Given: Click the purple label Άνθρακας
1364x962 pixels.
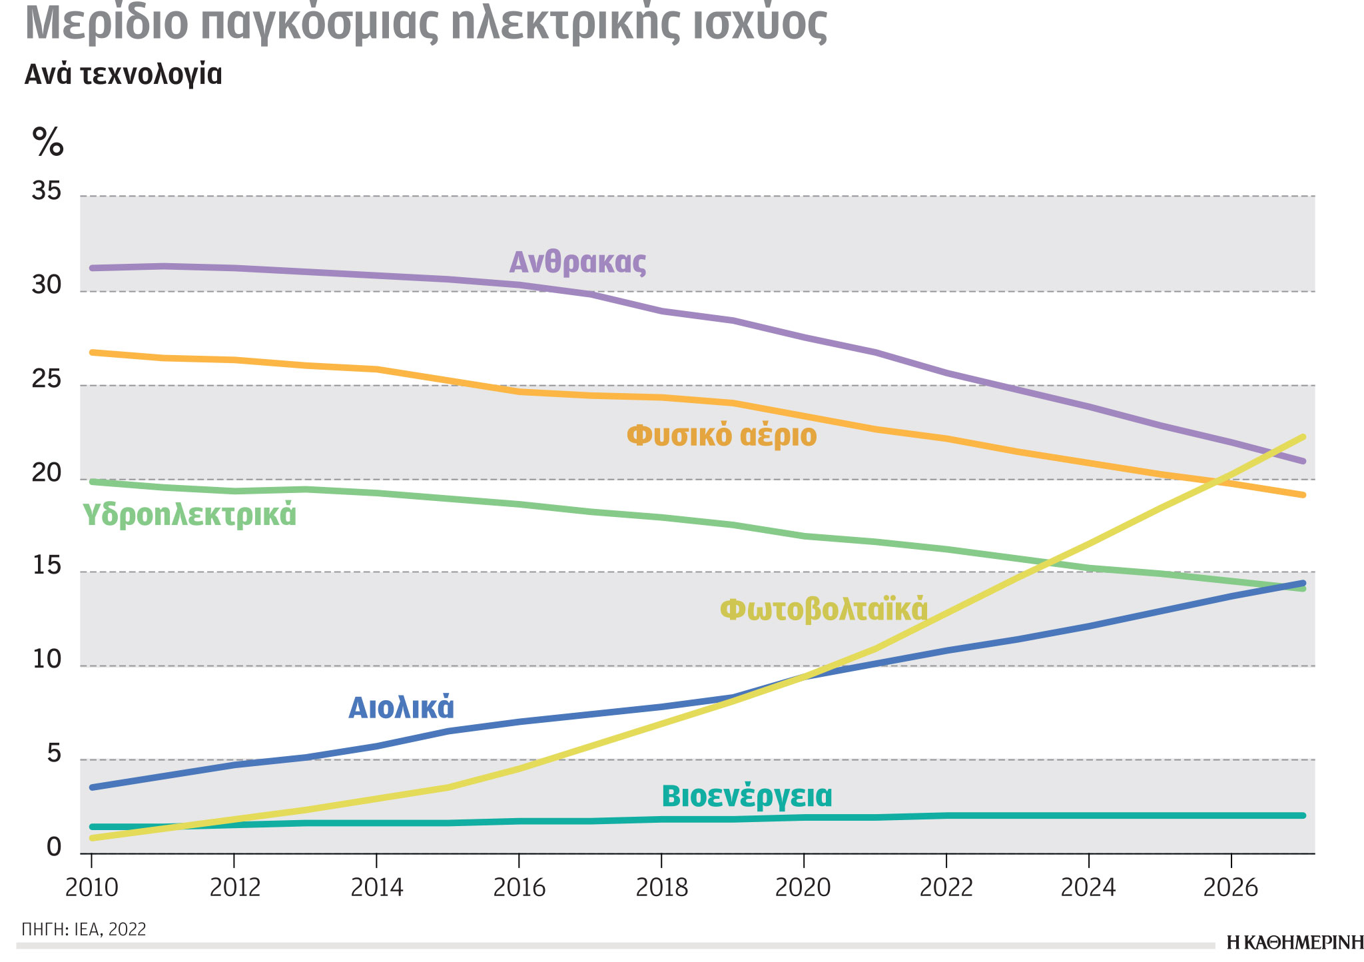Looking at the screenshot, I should pyautogui.click(x=577, y=262).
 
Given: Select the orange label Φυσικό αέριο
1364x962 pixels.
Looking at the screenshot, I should pyautogui.click(x=721, y=436).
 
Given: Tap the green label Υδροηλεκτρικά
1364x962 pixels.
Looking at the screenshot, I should pyautogui.click(x=189, y=515).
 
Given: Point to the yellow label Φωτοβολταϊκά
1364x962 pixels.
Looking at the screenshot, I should pyautogui.click(x=824, y=609).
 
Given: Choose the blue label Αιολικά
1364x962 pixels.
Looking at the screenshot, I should pyautogui.click(x=402, y=708).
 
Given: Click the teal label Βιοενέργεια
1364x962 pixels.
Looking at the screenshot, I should pyautogui.click(x=747, y=796).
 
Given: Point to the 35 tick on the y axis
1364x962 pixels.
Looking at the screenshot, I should pyautogui.click(x=47, y=193).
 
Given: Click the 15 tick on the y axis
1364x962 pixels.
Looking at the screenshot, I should pyautogui.click(x=47, y=567).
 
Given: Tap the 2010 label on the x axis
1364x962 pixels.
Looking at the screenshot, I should pyautogui.click(x=91, y=888).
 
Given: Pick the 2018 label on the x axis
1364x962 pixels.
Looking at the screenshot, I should pyautogui.click(x=661, y=888).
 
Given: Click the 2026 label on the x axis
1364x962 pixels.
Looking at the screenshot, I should pyautogui.click(x=1231, y=888).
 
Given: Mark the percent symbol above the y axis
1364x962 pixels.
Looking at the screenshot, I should pyautogui.click(x=48, y=141).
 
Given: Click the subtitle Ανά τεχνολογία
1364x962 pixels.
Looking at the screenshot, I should pyautogui.click(x=123, y=75).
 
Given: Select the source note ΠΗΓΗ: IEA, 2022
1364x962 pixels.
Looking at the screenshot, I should pyautogui.click(x=84, y=929).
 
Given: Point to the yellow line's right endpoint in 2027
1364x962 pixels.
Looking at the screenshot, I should pyautogui.click(x=1303, y=437).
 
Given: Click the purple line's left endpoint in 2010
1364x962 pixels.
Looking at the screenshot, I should pyautogui.click(x=93, y=268).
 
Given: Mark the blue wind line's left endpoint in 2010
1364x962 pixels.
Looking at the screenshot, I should pyautogui.click(x=93, y=787).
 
